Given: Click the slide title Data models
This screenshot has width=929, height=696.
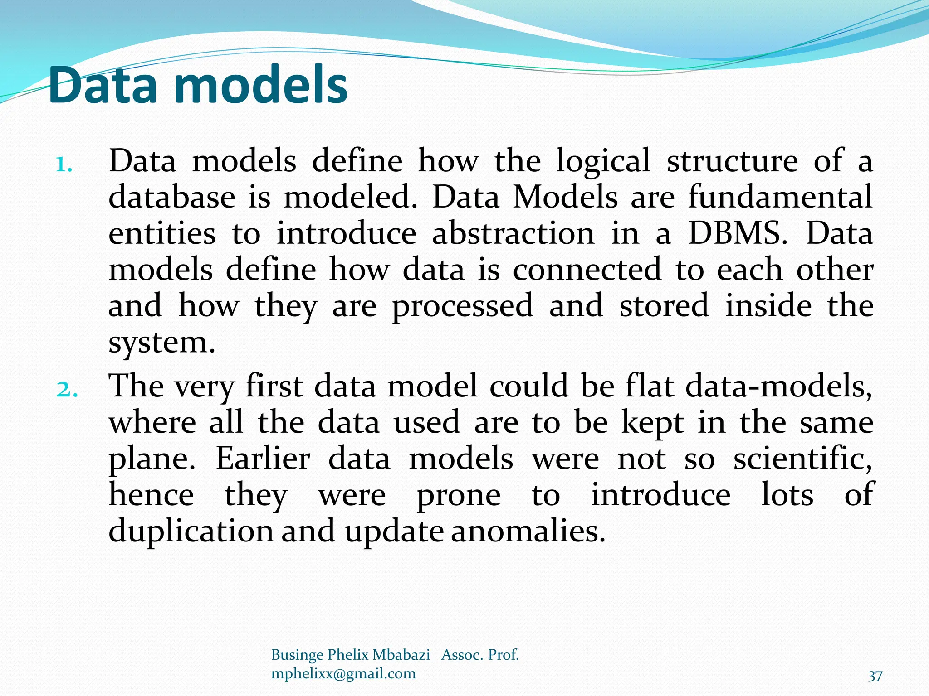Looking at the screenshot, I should pyautogui.click(x=198, y=85).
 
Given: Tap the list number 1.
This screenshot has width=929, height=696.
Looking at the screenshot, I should pyautogui.click(x=64, y=165).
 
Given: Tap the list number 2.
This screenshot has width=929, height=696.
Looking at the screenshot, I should pyautogui.click(x=67, y=390).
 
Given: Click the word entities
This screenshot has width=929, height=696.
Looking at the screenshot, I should pyautogui.click(x=162, y=234).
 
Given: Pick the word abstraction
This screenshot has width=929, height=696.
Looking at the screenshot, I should pyautogui.click(x=513, y=234).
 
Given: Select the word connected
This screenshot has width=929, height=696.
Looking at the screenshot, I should pyautogui.click(x=587, y=270).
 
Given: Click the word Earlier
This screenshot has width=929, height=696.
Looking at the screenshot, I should pyautogui.click(x=263, y=459).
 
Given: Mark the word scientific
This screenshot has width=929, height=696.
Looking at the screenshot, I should pyautogui.click(x=802, y=459).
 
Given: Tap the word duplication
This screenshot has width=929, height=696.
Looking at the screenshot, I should pyautogui.click(x=191, y=531).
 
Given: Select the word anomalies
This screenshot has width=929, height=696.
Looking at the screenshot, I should pyautogui.click(x=528, y=531).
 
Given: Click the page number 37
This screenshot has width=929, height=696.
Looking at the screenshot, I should pyautogui.click(x=875, y=677).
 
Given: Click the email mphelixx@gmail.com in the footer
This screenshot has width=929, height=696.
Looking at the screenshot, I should pyautogui.click(x=343, y=674).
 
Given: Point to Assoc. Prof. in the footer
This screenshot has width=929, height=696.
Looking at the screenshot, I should pyautogui.click(x=480, y=655).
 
